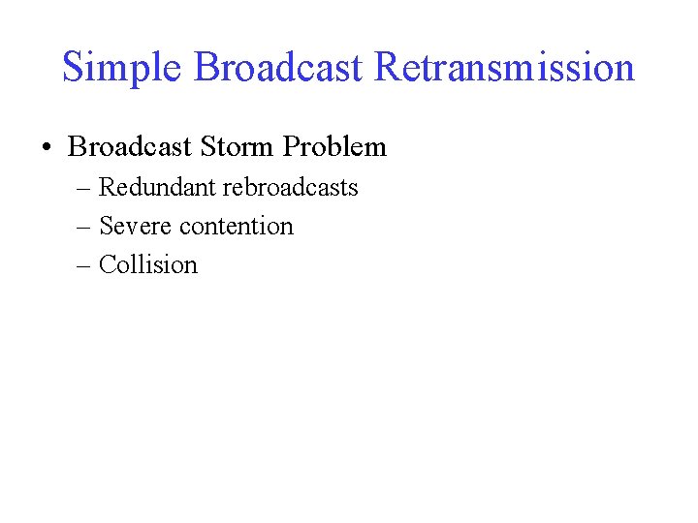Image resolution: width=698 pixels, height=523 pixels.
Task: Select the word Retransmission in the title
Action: pos(504,68)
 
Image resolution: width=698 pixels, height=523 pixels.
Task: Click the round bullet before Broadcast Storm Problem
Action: pos(47,147)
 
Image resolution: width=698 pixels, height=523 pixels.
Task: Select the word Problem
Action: pos(334,147)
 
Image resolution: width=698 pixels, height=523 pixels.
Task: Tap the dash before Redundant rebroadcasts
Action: pos(83,187)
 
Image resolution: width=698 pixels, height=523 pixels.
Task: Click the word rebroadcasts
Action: pos(291,187)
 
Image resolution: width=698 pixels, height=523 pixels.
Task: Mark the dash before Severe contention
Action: pos(83,226)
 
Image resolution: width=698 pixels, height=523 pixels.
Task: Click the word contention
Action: pos(237,226)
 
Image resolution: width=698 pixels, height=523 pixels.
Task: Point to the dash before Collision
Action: pos(83,264)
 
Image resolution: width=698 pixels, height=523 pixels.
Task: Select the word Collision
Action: pos(148,264)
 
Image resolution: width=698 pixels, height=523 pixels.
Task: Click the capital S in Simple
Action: pos(72,68)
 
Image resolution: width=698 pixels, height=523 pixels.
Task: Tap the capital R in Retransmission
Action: pos(387,68)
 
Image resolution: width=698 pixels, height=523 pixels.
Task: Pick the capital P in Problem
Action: pos(290,147)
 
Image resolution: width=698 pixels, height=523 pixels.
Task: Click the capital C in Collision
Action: pos(107,264)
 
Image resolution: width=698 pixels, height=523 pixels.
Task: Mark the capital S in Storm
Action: pos(206,147)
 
